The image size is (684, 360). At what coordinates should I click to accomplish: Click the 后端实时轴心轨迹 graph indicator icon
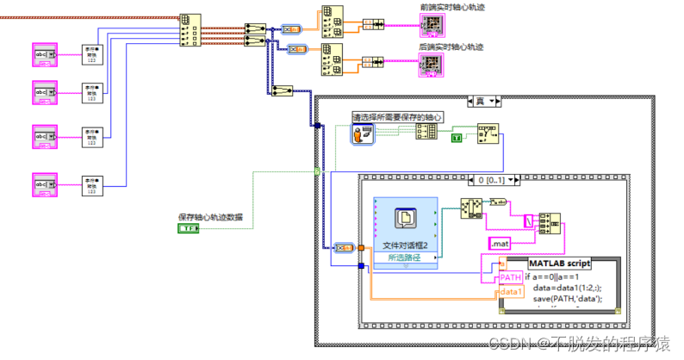(x=432, y=65)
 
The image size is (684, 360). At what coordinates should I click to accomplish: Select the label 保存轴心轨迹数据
(x=210, y=217)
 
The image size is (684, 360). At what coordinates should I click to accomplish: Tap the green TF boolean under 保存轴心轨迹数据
(x=188, y=228)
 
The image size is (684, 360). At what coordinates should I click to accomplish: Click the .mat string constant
(x=500, y=245)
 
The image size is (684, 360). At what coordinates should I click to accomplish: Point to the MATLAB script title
(x=559, y=263)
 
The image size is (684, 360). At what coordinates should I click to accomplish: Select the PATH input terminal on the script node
(x=511, y=277)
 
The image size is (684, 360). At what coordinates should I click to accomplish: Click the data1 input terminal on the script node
(x=511, y=292)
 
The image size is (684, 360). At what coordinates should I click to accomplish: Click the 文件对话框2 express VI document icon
(x=406, y=219)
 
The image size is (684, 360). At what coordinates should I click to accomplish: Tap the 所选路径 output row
(x=406, y=258)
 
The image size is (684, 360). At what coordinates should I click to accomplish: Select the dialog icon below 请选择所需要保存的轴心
(x=364, y=133)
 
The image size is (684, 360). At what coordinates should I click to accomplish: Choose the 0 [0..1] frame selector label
(x=488, y=180)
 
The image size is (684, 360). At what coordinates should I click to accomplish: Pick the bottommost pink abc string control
(x=44, y=183)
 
